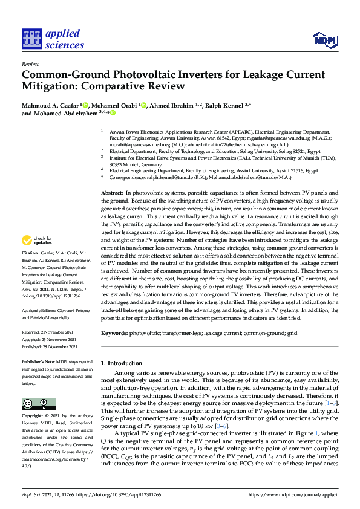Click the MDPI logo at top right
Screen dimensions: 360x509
324,40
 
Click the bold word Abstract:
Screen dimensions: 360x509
112,192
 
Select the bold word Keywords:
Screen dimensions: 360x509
115,333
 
